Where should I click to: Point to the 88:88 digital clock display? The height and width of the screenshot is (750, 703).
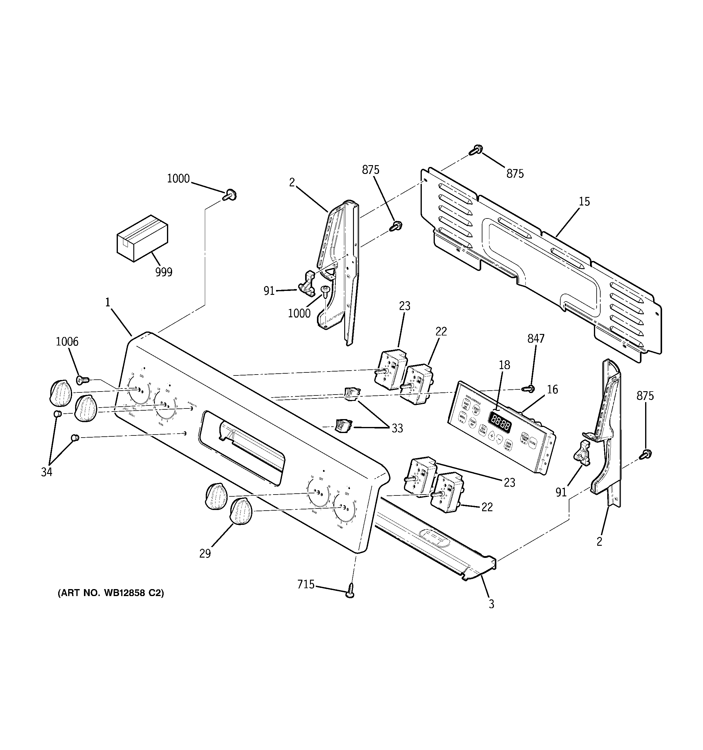(x=500, y=426)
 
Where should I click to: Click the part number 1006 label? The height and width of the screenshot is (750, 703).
(x=67, y=342)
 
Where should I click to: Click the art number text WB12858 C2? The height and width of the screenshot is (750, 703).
(x=111, y=593)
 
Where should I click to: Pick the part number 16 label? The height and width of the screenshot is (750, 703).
(x=552, y=389)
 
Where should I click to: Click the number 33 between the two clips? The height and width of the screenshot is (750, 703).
(x=397, y=428)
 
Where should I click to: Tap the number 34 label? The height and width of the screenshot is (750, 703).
(x=46, y=472)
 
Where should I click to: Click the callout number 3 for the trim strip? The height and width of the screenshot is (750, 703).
(x=491, y=604)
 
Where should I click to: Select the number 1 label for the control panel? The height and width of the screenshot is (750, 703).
(x=108, y=302)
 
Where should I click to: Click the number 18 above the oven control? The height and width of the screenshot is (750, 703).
(x=504, y=365)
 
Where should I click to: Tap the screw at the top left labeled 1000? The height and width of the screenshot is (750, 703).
(x=229, y=195)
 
